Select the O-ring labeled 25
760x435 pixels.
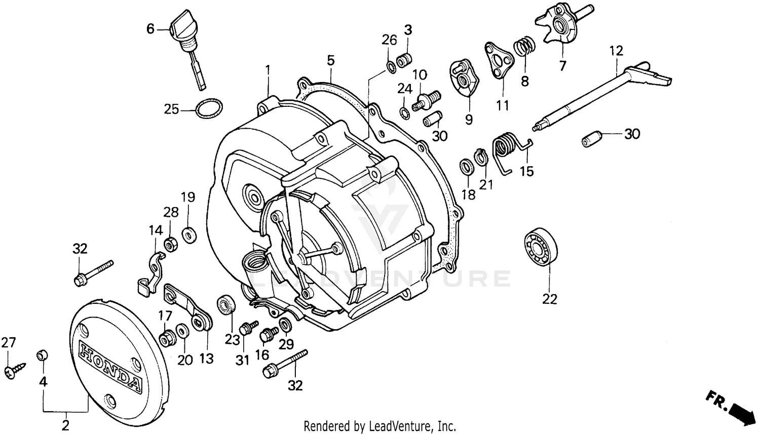coord(208,108)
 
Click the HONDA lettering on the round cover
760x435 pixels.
coord(110,367)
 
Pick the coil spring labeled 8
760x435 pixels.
coord(524,48)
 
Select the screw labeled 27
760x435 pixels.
coord(11,371)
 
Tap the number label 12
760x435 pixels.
coord(616,51)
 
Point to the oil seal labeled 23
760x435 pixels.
coord(225,306)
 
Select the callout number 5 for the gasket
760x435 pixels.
coord(330,61)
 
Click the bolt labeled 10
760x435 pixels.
coord(426,100)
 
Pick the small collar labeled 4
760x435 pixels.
coord(43,355)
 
